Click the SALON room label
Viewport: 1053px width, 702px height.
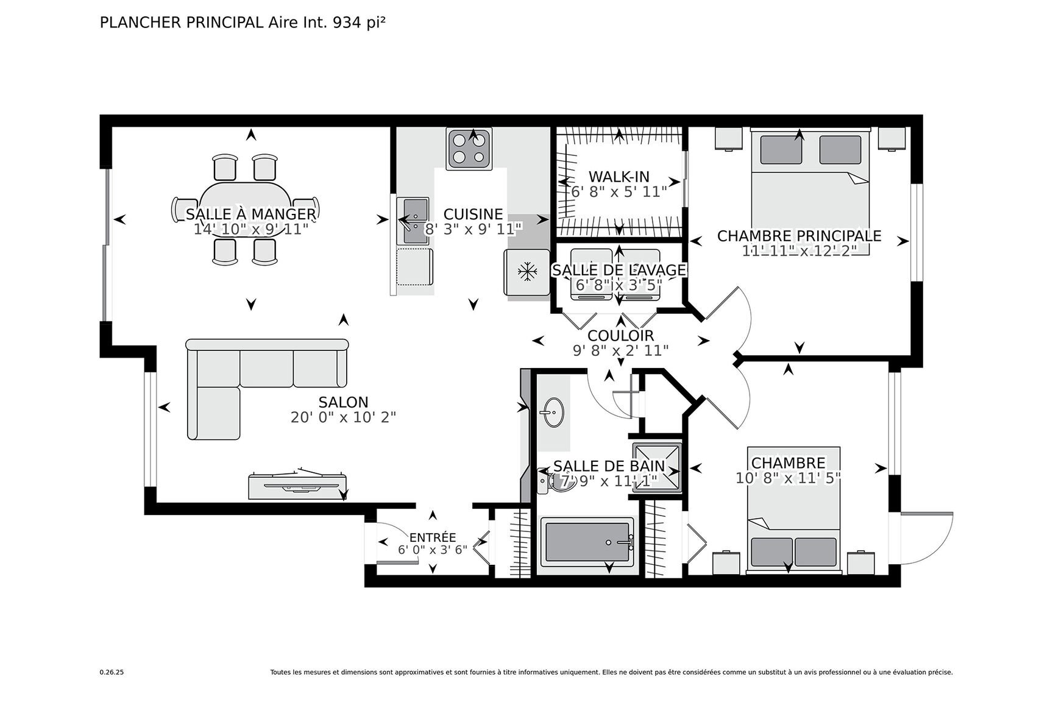pyautogui.click(x=343, y=402)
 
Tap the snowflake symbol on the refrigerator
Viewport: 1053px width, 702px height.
pyautogui.click(x=526, y=272)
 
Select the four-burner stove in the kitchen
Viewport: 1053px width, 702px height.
pyautogui.click(x=469, y=149)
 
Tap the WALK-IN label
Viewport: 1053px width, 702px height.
pyautogui.click(x=619, y=177)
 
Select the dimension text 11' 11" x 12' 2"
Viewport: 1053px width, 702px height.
pyautogui.click(x=799, y=250)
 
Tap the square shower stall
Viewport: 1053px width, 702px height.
pyautogui.click(x=657, y=466)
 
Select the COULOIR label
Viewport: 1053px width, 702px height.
pyautogui.click(x=620, y=335)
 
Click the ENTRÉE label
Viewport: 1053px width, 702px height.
pyautogui.click(x=432, y=537)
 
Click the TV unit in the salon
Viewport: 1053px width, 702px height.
pyautogui.click(x=297, y=486)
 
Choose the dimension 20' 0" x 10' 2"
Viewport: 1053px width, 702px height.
pyautogui.click(x=343, y=417)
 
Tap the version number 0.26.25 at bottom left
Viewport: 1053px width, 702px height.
pyautogui.click(x=112, y=673)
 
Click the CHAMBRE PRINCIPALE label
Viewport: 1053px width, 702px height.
pyautogui.click(x=799, y=236)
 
